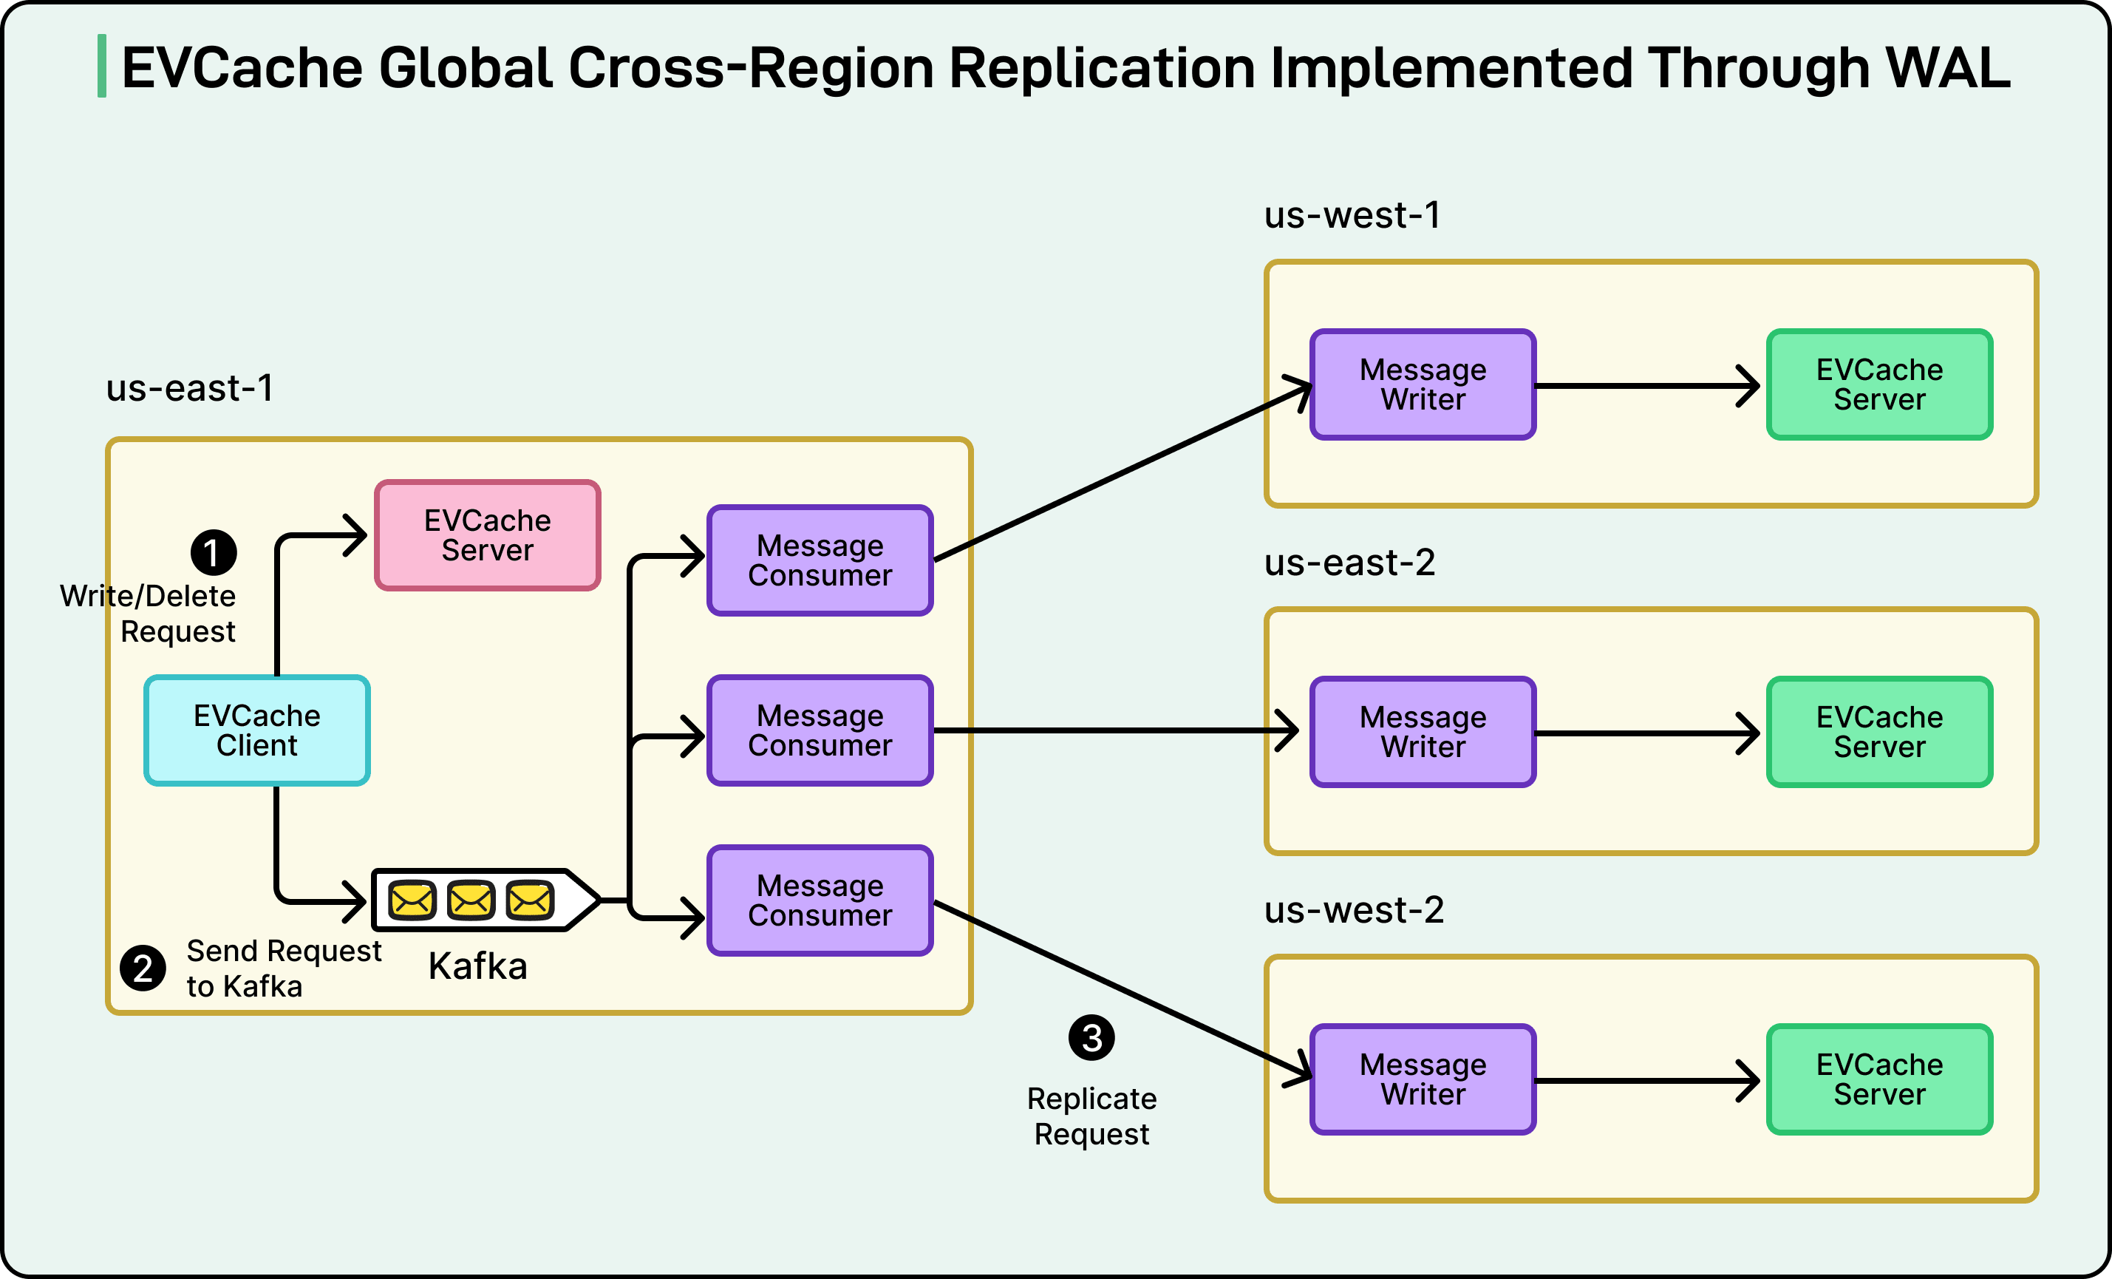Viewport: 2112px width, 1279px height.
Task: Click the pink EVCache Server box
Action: [x=488, y=535]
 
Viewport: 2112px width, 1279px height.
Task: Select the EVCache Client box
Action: [x=257, y=730]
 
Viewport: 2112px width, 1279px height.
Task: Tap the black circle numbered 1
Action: [x=214, y=552]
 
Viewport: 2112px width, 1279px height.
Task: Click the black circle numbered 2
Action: [x=143, y=968]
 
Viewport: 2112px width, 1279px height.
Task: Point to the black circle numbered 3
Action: [x=1091, y=1038]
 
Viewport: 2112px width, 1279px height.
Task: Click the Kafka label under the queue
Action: [x=477, y=966]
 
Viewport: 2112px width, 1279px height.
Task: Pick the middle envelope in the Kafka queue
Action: [x=471, y=899]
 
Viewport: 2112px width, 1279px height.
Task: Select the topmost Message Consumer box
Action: [x=820, y=560]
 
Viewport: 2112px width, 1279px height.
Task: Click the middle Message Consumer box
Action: [x=820, y=730]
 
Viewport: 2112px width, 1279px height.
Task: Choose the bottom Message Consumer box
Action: [x=820, y=900]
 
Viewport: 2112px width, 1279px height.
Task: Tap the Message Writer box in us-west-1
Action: [x=1423, y=384]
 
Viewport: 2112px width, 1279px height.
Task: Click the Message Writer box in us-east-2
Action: [x=1423, y=732]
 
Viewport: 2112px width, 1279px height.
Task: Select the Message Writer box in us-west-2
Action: [x=1423, y=1079]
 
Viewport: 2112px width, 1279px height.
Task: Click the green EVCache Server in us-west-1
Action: [x=1880, y=384]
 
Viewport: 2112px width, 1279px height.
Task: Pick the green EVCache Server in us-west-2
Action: [x=1880, y=1079]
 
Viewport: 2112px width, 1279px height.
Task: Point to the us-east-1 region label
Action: [x=189, y=388]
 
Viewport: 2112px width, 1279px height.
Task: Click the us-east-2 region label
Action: [x=1350, y=563]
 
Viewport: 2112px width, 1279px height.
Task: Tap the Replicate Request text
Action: [x=1092, y=1116]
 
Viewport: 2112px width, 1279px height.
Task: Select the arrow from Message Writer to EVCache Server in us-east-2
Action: [x=1646, y=733]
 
